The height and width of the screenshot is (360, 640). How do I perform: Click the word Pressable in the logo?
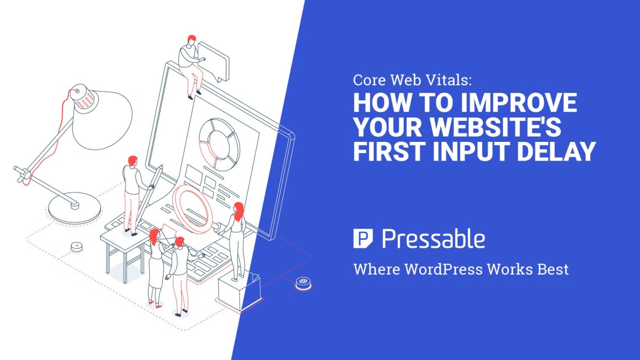tap(434, 239)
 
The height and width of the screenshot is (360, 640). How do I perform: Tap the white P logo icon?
tap(362, 238)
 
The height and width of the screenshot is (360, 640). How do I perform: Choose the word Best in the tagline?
tap(553, 269)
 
